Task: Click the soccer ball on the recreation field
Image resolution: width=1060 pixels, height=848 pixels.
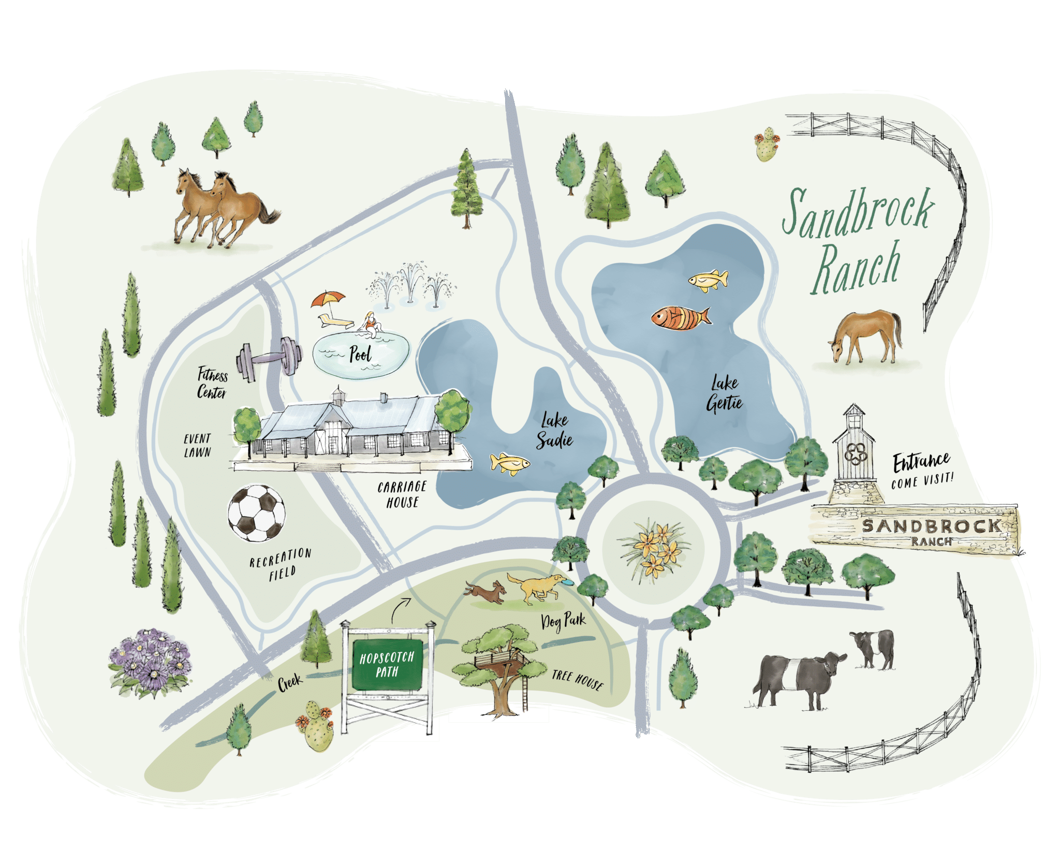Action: point(257,513)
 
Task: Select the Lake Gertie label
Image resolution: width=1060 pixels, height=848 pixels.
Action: point(724,393)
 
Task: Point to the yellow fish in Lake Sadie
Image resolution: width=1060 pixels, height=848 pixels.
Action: point(509,463)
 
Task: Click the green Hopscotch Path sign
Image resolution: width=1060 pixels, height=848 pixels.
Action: point(387,665)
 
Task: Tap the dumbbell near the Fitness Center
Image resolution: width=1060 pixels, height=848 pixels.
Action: point(269,357)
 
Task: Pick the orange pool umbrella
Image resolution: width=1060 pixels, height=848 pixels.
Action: point(328,300)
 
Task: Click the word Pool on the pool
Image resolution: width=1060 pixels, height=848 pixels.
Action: point(360,354)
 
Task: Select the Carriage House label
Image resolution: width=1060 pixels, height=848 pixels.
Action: point(402,494)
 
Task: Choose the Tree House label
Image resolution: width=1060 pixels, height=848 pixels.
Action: point(577,680)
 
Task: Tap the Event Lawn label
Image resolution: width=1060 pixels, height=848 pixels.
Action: point(198,445)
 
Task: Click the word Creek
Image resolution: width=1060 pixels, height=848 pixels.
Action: point(289,682)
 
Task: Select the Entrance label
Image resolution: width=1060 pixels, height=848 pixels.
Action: point(921,462)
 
